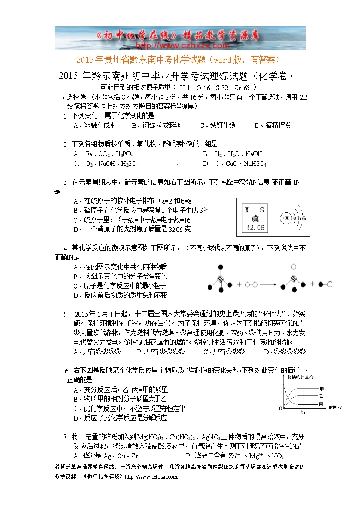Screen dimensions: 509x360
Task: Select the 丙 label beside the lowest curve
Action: pos(321,404)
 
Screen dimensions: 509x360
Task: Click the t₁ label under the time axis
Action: pos(303,412)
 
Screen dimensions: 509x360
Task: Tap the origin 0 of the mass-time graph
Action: pos(280,408)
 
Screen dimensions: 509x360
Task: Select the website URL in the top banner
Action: pos(180,46)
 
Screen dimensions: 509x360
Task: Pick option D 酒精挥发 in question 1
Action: pos(272,126)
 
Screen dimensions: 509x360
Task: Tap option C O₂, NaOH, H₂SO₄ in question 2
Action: pos(106,163)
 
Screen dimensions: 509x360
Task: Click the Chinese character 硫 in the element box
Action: pos(255,218)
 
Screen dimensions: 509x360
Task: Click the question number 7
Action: pos(66,437)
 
